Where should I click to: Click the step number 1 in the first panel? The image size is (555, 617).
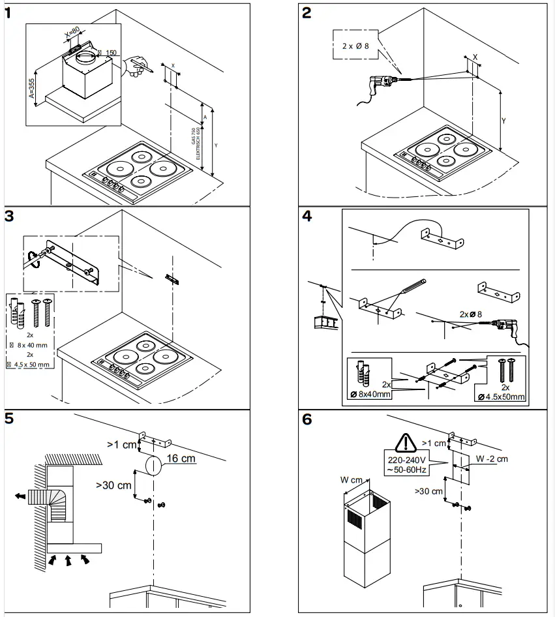8,14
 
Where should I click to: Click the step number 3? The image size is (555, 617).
9,217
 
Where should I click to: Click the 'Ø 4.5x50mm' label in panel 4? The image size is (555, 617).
501,395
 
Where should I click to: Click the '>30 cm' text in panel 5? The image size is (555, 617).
114,485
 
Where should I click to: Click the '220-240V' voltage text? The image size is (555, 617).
406,459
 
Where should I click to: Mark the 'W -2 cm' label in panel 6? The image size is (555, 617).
492,459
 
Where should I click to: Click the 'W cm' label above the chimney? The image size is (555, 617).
353,481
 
